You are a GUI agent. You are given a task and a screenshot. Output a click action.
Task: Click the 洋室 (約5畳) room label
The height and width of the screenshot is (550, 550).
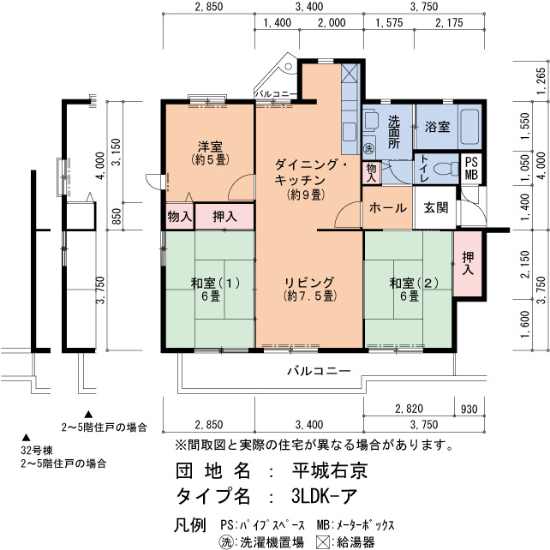[x=211, y=153]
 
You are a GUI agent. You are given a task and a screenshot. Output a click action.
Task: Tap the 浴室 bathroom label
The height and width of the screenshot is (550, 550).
[x=437, y=127]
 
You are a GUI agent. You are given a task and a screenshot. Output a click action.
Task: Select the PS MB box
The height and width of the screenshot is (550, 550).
[x=471, y=168]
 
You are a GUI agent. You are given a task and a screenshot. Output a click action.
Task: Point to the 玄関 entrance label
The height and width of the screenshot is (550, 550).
[x=436, y=207]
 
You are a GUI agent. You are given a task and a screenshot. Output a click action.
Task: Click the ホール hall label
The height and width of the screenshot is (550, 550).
[x=387, y=207]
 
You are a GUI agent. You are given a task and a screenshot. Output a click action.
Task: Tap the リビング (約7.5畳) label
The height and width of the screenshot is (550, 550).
[x=310, y=289]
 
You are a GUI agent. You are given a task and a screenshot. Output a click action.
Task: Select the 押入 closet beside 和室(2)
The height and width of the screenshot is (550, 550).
[x=468, y=263]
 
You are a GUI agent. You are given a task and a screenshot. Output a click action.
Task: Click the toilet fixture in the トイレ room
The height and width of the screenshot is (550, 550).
[x=445, y=169]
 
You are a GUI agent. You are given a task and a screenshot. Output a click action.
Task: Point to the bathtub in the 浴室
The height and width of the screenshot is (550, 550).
[x=469, y=127]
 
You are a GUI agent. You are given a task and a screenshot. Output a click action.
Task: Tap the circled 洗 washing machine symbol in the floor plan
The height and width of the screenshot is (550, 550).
[x=368, y=148]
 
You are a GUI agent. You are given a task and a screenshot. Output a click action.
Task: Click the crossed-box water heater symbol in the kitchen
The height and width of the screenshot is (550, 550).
[x=350, y=73]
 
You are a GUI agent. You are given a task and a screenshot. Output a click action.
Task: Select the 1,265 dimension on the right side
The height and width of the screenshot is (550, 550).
[x=541, y=81]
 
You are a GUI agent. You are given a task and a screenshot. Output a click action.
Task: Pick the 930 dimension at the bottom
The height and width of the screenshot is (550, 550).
[x=469, y=409]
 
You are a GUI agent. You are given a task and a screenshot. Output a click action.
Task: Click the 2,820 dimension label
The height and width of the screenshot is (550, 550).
[x=409, y=409]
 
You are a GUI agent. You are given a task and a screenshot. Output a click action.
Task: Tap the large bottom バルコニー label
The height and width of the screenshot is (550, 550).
[x=319, y=371]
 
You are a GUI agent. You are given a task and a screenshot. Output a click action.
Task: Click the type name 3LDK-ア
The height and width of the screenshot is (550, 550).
[x=324, y=496]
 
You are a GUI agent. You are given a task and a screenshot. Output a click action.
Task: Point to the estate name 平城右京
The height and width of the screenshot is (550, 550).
[x=329, y=470]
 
